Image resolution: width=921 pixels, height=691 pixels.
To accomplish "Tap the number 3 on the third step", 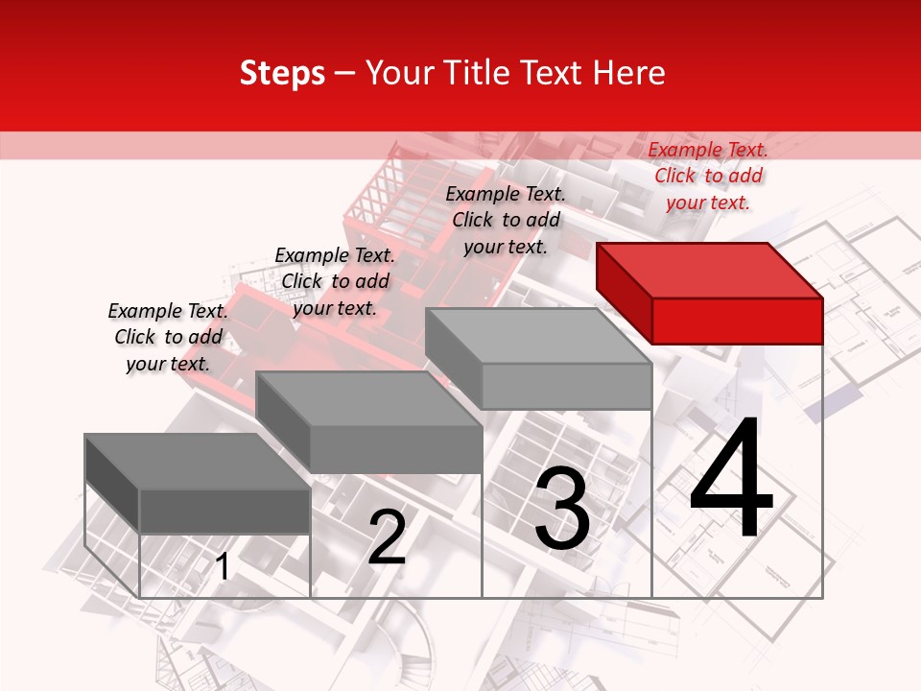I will pos(562,509).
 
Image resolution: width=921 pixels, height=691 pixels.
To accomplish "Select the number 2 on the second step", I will pos(388,537).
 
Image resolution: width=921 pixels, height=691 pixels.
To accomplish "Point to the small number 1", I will pos(223,568).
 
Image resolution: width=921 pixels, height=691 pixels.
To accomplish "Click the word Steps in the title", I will pos(282,73).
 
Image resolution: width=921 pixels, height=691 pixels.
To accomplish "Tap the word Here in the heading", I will pos(629,73).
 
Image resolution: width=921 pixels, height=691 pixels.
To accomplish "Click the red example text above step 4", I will pos(708,176).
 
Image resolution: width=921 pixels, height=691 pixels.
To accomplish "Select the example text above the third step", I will pos(506,220).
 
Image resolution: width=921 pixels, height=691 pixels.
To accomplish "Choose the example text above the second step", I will pos(335,281).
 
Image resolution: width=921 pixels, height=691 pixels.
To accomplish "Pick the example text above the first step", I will pos(168,337).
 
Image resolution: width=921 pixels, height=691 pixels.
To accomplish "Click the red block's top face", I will pos(707,270).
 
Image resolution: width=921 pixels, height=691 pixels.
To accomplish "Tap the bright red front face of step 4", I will pos(737,321).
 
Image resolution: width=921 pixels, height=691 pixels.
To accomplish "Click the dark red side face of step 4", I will pos(624,294).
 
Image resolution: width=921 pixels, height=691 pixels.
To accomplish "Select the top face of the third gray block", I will pos(537,336).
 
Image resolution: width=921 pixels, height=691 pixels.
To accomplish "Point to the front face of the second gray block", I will pos(395,449).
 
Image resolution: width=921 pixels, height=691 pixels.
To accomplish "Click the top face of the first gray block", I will pos(197,461).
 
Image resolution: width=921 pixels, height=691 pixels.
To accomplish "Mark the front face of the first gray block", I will pos(224,511).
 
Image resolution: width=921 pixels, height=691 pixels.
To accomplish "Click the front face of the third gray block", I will pos(566,387).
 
